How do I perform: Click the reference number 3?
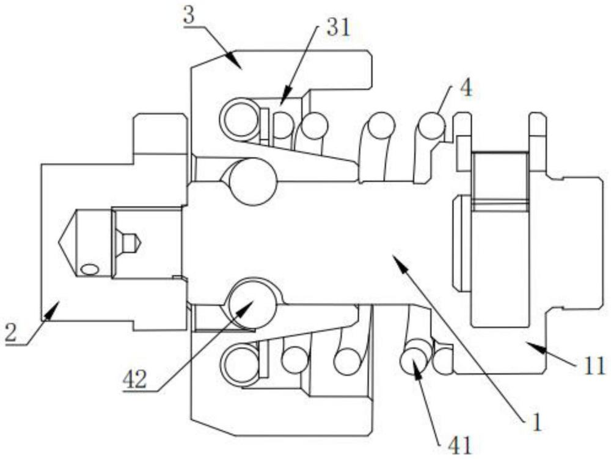click(189, 16)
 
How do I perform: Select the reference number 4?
click(466, 89)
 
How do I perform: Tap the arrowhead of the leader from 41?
click(416, 363)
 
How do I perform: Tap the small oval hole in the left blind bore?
click(90, 269)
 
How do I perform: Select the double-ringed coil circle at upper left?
click(240, 119)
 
